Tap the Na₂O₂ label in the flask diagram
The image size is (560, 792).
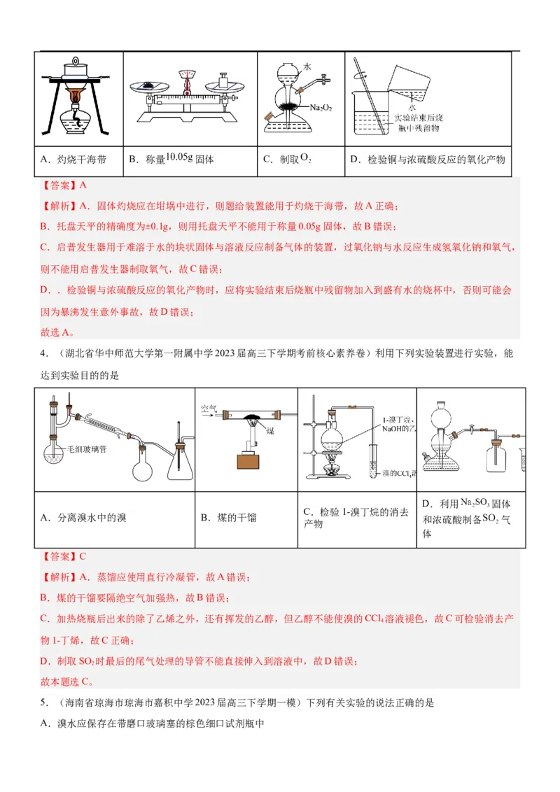click(321, 108)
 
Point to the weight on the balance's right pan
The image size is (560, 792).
click(225, 78)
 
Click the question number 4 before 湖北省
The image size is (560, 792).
click(43, 354)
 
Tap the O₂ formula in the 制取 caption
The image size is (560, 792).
click(305, 159)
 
